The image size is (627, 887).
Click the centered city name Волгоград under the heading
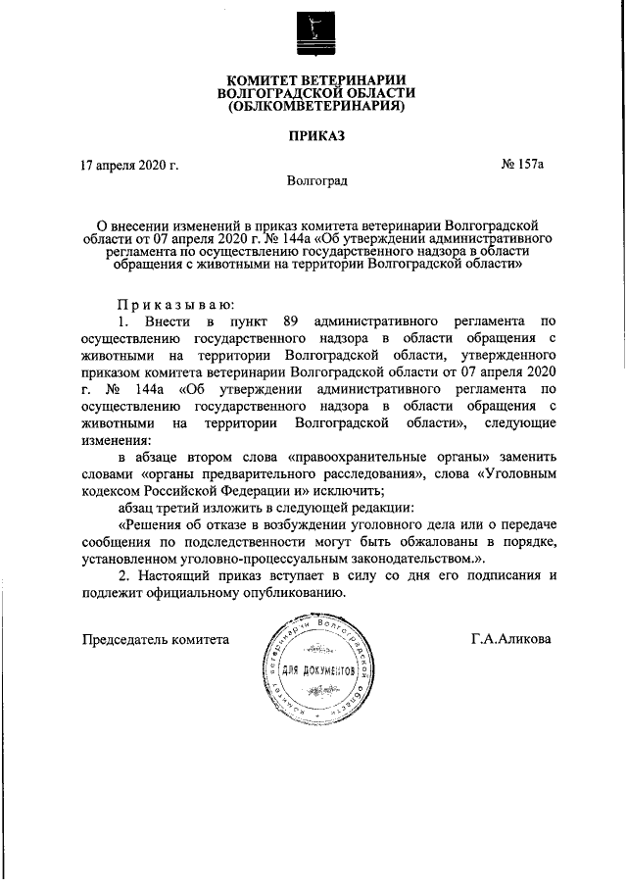coord(316,180)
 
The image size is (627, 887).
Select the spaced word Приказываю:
coord(174,303)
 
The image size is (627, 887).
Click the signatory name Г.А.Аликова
coord(510,640)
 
